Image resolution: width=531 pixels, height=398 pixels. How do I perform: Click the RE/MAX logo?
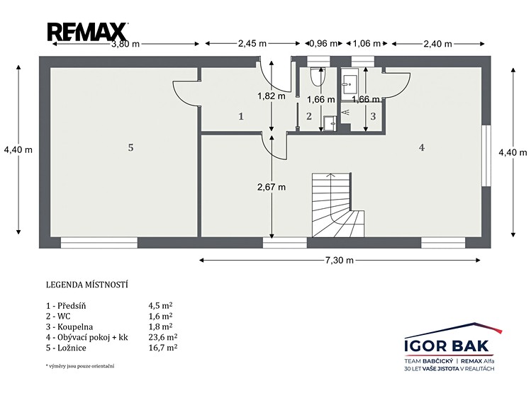(x=87, y=32)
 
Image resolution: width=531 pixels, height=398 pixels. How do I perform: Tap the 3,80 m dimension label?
(x=125, y=44)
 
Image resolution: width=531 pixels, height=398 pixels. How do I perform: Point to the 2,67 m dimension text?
(x=272, y=187)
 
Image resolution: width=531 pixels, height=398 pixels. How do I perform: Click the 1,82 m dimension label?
(x=272, y=96)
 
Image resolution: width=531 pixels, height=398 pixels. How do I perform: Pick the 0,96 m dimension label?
(x=324, y=44)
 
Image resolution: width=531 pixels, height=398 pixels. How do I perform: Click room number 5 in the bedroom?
(x=130, y=147)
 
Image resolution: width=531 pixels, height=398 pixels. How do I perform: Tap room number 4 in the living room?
(x=422, y=147)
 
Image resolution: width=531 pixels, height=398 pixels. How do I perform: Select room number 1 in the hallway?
(x=241, y=117)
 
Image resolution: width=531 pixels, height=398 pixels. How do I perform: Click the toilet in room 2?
(x=318, y=76)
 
